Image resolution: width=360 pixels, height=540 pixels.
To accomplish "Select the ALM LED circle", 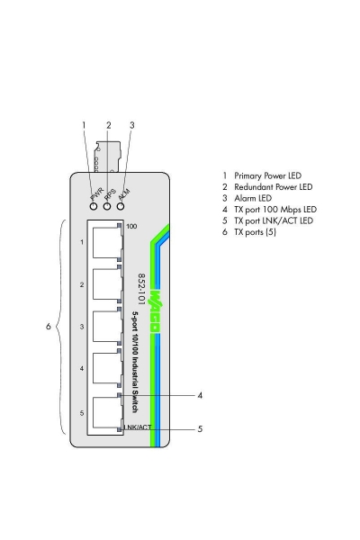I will [120, 205].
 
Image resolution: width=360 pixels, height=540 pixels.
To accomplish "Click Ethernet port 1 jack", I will [104, 242].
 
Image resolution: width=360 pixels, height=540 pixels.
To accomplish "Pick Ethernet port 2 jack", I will [104, 284].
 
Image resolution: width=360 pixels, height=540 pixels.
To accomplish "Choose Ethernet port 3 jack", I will [104, 326].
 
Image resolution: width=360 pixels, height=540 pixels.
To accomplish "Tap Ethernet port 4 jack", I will [104, 368].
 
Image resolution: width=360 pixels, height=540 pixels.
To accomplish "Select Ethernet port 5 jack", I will [104, 410].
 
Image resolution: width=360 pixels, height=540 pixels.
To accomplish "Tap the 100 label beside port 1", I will [131, 227].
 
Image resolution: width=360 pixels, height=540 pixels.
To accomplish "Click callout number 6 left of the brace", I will [48, 327].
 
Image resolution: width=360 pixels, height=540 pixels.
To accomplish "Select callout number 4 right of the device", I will [200, 394].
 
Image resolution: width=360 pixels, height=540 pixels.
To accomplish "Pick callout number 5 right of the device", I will [200, 429].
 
